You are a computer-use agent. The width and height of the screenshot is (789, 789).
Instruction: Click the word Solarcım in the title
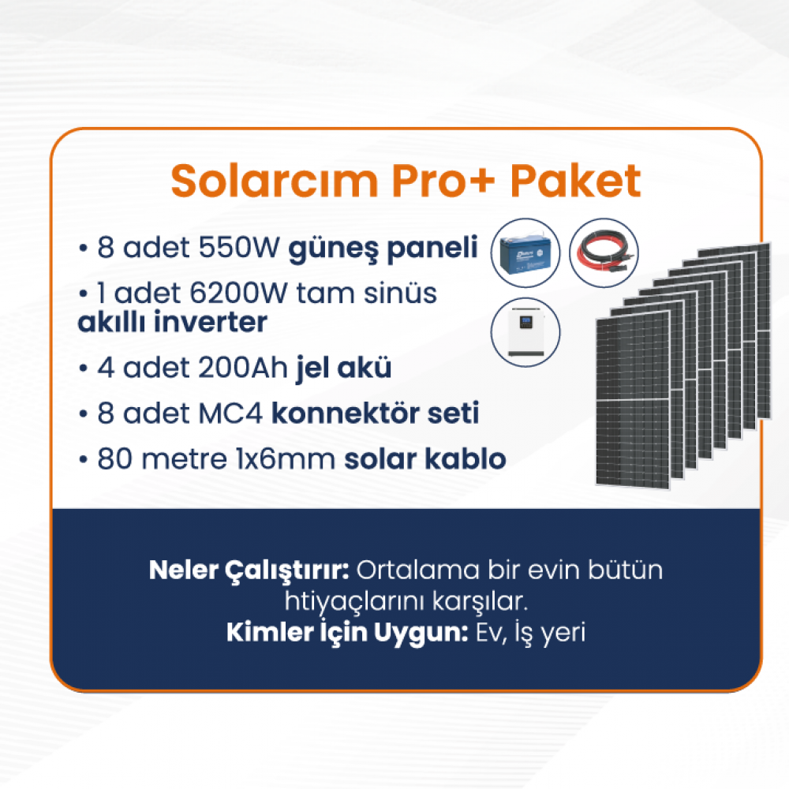tap(275, 181)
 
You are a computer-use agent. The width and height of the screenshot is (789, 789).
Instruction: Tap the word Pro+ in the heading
tap(443, 181)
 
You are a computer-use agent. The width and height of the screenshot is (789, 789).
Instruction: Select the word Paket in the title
tap(576, 181)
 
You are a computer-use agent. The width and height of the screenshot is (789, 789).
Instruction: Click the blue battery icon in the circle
tap(525, 253)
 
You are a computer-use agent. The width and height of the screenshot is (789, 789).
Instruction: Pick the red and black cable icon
tap(604, 253)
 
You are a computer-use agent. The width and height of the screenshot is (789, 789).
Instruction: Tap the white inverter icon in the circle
tap(525, 333)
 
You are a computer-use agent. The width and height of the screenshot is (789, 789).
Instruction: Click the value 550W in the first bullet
tap(239, 247)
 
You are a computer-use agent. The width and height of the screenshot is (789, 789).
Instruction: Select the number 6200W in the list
tap(238, 293)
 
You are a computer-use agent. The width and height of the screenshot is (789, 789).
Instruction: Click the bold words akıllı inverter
tap(172, 322)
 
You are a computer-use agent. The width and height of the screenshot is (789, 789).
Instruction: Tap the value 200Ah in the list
tap(242, 368)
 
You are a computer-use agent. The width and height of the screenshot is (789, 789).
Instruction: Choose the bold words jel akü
tap(344, 368)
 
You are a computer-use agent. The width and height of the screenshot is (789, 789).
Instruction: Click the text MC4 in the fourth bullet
tap(230, 413)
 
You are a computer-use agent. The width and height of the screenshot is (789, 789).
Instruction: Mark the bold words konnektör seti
tap(376, 413)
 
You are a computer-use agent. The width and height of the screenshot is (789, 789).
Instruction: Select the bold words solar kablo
tap(425, 458)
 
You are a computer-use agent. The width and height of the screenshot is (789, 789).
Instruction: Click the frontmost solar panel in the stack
tap(633, 399)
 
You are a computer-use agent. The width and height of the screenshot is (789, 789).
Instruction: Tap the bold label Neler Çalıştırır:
tap(249, 570)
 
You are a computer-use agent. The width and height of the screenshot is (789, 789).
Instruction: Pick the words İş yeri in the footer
tap(550, 633)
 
